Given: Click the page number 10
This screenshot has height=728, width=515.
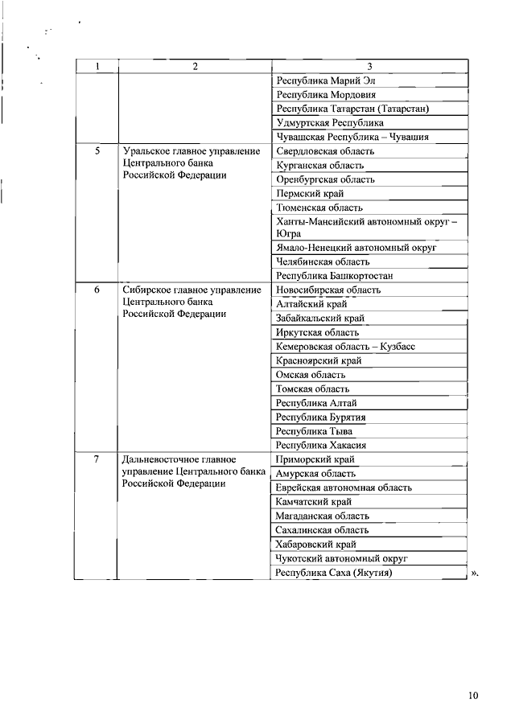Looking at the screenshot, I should (472, 697).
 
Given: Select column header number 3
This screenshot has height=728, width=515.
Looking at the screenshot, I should (369, 67).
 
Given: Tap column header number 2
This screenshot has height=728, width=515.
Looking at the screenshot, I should (195, 67).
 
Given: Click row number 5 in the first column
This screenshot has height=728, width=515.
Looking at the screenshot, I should (97, 151).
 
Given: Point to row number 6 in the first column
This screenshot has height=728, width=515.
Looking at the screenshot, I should (97, 290).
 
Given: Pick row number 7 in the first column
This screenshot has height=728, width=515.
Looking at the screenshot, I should (97, 459).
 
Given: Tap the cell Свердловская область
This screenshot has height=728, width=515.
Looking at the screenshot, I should (325, 151).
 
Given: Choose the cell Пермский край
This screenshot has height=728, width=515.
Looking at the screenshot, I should (310, 194).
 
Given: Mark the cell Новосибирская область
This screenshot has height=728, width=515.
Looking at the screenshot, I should (328, 290).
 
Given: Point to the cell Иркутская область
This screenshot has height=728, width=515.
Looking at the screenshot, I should (317, 332).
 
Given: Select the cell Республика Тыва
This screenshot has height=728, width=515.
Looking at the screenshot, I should (314, 431).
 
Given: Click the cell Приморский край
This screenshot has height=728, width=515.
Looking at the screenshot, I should (315, 459).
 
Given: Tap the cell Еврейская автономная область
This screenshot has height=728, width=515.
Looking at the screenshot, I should (344, 487).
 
